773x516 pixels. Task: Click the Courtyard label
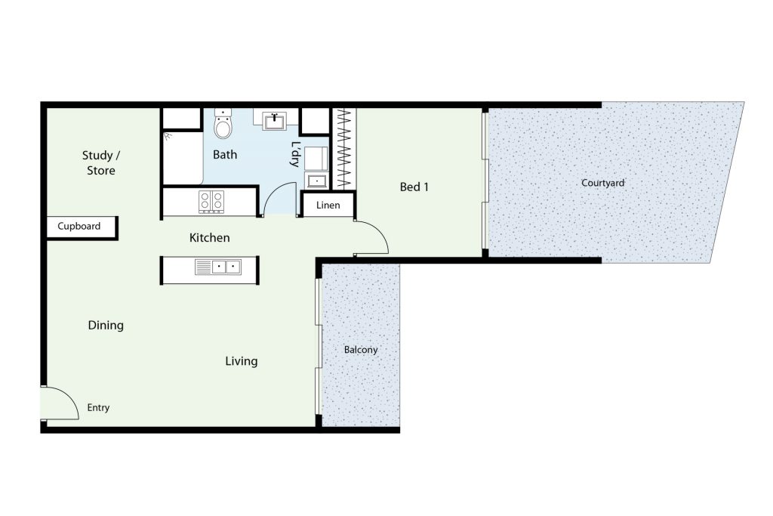602,183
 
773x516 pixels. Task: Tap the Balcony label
361,350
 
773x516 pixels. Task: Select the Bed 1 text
414,187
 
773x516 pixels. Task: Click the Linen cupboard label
328,205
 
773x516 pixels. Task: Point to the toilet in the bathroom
223,123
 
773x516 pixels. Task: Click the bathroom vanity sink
274,121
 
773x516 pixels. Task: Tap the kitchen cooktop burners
211,202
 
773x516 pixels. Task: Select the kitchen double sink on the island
218,267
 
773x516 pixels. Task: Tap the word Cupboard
79,226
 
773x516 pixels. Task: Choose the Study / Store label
101,162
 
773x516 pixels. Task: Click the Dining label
106,325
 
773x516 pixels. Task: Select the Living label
241,361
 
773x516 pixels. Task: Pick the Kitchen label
210,238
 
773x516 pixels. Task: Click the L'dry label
295,154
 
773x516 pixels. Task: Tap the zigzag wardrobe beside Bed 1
343,149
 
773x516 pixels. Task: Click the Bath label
225,155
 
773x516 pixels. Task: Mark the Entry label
98,407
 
